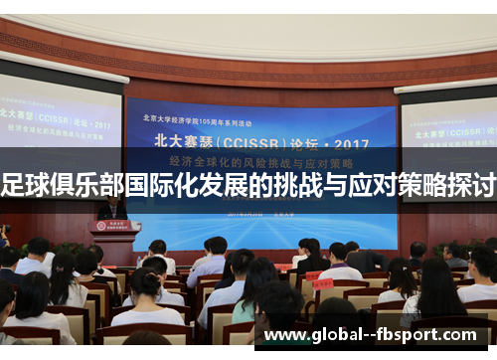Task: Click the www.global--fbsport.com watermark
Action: pyautogui.click(x=377, y=335)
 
